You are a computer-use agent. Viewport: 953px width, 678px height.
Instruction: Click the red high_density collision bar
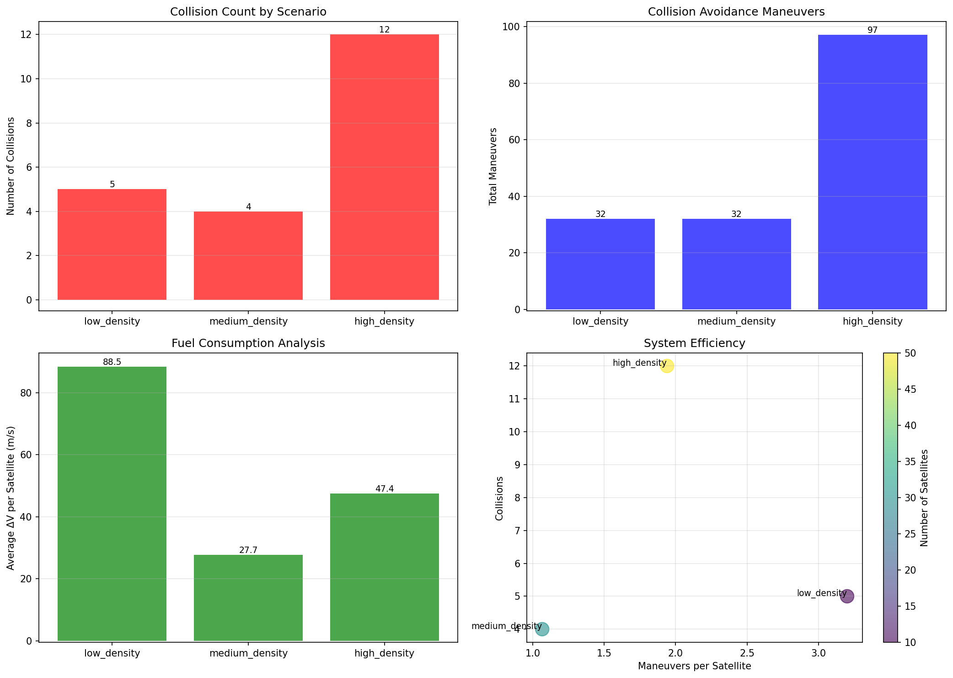[x=384, y=167]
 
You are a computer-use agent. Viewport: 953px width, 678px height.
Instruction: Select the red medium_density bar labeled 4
[x=248, y=255]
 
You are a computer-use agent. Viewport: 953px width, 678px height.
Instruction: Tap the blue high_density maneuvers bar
[x=873, y=172]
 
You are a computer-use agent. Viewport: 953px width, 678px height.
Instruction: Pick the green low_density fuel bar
[x=112, y=504]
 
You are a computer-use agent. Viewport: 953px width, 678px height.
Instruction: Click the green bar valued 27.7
[x=248, y=597]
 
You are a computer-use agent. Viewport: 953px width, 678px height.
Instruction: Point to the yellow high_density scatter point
[x=667, y=366]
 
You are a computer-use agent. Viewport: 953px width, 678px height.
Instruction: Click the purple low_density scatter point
[x=847, y=597]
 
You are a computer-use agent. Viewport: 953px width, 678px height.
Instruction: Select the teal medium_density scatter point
[x=542, y=629]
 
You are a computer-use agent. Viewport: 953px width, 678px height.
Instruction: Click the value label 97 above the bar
[x=873, y=30]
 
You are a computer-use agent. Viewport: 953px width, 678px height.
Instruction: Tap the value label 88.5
[x=112, y=362]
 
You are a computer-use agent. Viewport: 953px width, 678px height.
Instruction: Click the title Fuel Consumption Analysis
[x=248, y=343]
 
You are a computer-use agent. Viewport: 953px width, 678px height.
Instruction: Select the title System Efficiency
[x=694, y=343]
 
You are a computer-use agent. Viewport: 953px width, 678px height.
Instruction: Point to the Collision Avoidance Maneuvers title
[x=736, y=12]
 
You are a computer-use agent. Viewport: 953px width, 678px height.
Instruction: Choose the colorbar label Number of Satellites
[x=924, y=498]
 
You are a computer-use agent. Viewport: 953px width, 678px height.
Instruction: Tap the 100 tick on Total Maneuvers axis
[x=514, y=27]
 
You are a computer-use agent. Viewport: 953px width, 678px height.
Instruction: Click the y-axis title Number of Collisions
[x=11, y=166]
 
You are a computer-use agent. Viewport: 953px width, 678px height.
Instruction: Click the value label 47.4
[x=384, y=489]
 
